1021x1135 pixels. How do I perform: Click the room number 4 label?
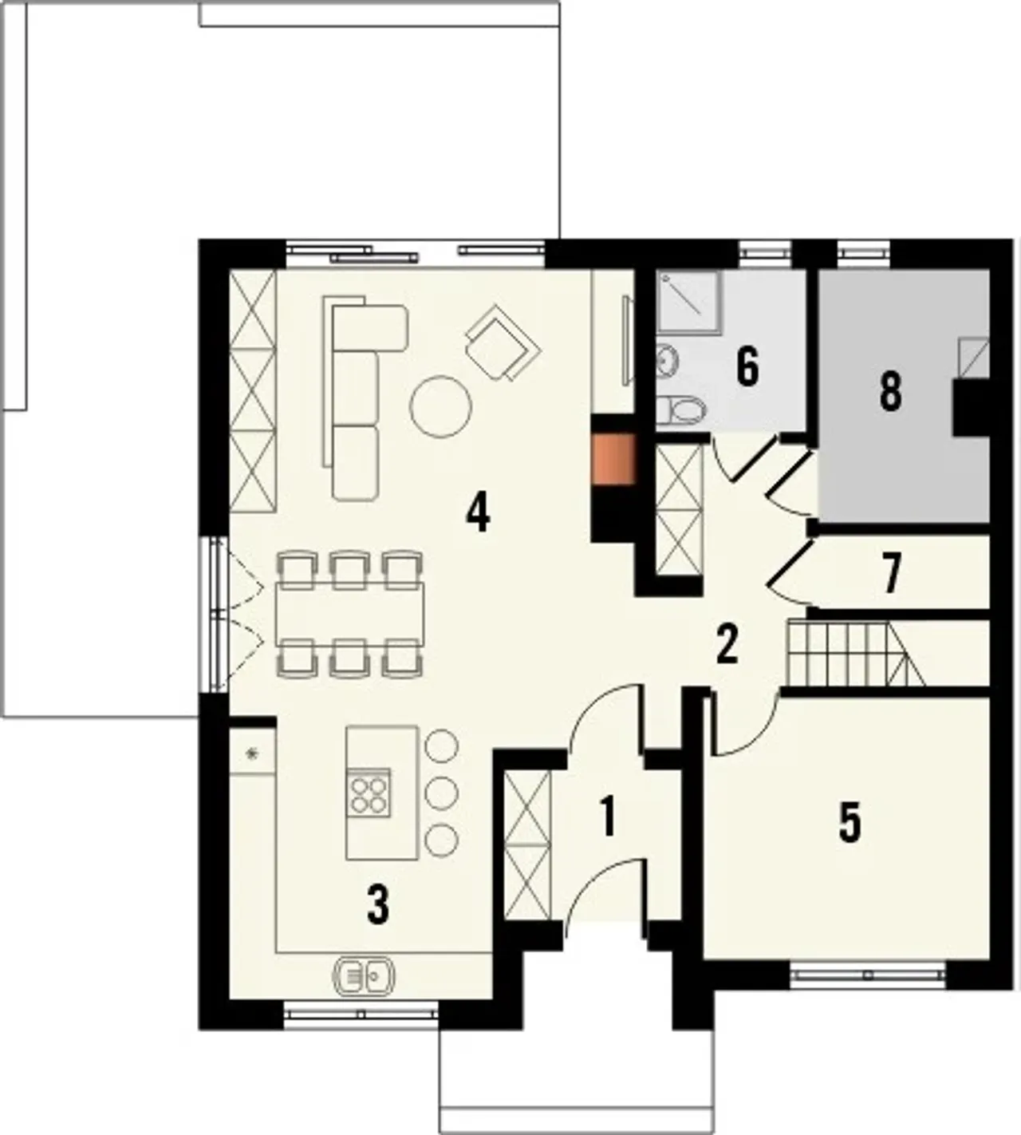(x=478, y=512)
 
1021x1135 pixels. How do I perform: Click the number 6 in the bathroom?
(x=747, y=368)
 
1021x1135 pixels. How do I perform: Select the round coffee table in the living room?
(x=440, y=406)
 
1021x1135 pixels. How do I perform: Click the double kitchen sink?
(x=365, y=975)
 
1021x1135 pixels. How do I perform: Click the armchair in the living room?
(x=503, y=342)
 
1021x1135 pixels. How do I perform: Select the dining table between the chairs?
(x=350, y=613)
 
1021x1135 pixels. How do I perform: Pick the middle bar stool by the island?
(x=440, y=792)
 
